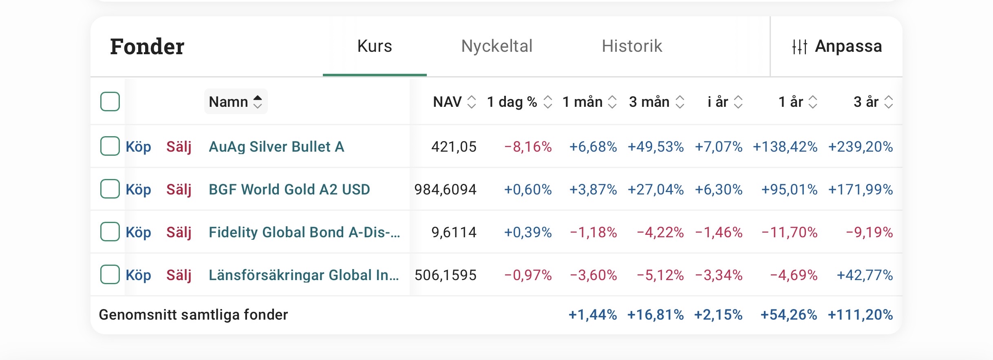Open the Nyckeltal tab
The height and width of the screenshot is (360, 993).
496,46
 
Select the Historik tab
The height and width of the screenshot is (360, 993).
632,46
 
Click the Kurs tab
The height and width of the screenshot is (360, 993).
375,46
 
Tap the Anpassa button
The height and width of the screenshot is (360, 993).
836,46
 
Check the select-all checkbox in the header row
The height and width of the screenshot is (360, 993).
110,102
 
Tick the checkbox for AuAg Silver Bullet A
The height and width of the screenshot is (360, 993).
110,146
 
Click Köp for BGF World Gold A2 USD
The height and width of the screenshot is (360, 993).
138,190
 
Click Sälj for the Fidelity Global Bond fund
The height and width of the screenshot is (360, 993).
179,232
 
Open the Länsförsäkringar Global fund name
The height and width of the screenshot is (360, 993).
304,275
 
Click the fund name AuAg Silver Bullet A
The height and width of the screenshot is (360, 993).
276,147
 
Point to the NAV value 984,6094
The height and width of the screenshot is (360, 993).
445,190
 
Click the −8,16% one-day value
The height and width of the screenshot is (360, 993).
528,147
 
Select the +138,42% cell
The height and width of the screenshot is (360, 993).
785,147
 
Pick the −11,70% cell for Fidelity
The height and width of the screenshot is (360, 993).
789,232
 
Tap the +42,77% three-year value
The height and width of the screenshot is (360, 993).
865,275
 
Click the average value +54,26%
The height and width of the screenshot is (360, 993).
788,315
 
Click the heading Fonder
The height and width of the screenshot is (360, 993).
147,46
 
